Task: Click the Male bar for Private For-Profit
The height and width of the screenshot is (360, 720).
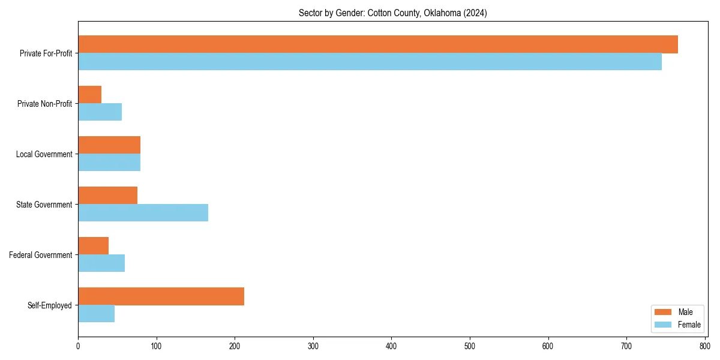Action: coord(378,44)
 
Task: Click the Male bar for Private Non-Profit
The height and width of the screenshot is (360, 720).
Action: coord(89,95)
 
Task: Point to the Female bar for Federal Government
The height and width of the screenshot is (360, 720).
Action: coord(101,263)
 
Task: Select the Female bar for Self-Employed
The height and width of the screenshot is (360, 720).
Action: coord(96,314)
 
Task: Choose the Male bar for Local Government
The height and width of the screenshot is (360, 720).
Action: coord(109,145)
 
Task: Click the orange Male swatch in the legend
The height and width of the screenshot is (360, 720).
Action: coord(663,312)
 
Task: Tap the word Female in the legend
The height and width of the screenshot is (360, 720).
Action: coord(689,325)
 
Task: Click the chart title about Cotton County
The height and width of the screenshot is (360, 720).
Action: coord(392,13)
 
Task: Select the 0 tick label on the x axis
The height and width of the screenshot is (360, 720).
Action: coord(78,346)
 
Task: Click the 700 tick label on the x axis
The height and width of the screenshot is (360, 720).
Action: coord(626,346)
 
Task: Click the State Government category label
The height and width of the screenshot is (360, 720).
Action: coord(44,205)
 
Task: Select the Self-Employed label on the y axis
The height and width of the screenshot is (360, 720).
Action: coord(49,305)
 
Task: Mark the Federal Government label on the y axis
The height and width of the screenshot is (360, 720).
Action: coord(41,255)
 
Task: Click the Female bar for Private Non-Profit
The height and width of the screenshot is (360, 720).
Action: coord(100,112)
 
